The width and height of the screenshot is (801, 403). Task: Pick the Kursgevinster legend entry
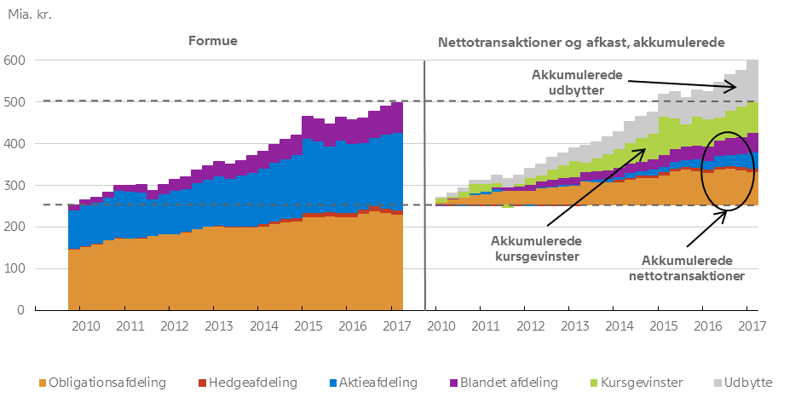pyautogui.click(x=625, y=383)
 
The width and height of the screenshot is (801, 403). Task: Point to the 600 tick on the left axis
pyautogui.click(x=14, y=60)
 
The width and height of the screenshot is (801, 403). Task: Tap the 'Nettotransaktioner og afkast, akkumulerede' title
pyautogui.click(x=581, y=41)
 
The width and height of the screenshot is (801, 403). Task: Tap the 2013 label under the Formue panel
pyautogui.click(x=220, y=326)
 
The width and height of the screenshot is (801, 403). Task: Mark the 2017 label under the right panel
pyautogui.click(x=750, y=326)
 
